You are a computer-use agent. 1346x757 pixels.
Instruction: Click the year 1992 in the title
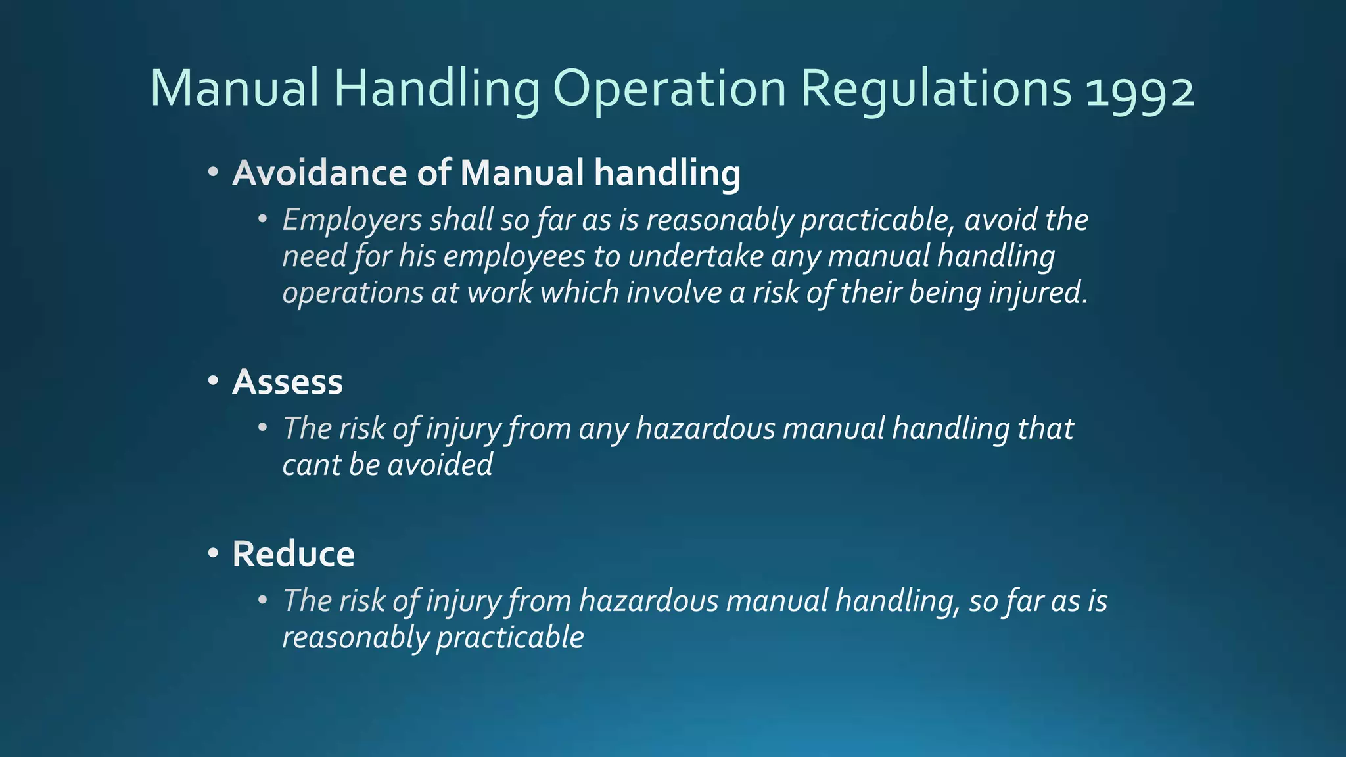coord(1140,89)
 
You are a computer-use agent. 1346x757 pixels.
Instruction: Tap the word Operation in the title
coord(669,89)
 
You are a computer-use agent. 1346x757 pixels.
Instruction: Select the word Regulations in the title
coord(937,89)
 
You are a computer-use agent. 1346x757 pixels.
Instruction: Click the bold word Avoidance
coord(320,173)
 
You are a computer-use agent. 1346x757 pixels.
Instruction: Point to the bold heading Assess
coord(287,382)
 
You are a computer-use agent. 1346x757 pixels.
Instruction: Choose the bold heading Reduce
coord(293,554)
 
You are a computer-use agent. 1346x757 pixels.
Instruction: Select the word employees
coord(514,256)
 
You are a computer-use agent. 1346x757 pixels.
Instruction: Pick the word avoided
coord(440,465)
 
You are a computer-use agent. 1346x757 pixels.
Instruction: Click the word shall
coord(461,219)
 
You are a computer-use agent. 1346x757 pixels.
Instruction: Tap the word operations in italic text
coord(352,293)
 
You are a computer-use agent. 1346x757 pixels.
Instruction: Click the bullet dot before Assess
coord(212,381)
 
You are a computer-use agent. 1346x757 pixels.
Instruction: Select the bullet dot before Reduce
coord(212,553)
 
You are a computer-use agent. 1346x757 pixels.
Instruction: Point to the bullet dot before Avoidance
coord(212,172)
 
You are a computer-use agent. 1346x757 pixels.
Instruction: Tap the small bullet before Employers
coord(263,219)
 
